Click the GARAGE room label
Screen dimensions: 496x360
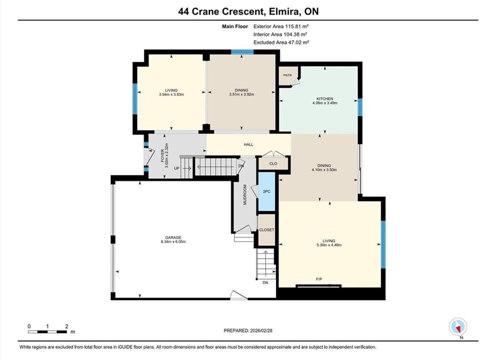pyautogui.click(x=173, y=237)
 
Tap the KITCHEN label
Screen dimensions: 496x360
pyautogui.click(x=325, y=99)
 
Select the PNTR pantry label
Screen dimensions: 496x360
pyautogui.click(x=288, y=75)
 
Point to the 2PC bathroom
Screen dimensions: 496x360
pyautogui.click(x=267, y=191)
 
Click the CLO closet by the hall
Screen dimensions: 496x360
pyautogui.click(x=273, y=163)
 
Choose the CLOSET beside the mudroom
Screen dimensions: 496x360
pyautogui.click(x=266, y=230)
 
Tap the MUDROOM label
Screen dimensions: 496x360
pyautogui.click(x=245, y=194)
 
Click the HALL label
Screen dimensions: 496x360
pyautogui.click(x=248, y=144)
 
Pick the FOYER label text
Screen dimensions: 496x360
pyautogui.click(x=163, y=155)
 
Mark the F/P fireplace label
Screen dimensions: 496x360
pyautogui.click(x=319, y=279)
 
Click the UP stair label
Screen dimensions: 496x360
pyautogui.click(x=176, y=168)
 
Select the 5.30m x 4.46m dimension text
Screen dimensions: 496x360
pyautogui.click(x=329, y=245)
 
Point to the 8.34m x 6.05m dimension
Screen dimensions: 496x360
pyautogui.click(x=173, y=241)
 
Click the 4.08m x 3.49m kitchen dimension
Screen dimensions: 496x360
pyautogui.click(x=325, y=103)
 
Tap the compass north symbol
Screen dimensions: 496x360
pyautogui.click(x=458, y=327)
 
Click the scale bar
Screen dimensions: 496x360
pyautogui.click(x=47, y=332)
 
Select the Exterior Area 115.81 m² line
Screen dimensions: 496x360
pyautogui.click(x=281, y=26)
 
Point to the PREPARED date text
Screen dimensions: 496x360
pyautogui.click(x=248, y=330)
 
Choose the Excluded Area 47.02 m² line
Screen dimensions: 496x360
pyautogui.click(x=281, y=42)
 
